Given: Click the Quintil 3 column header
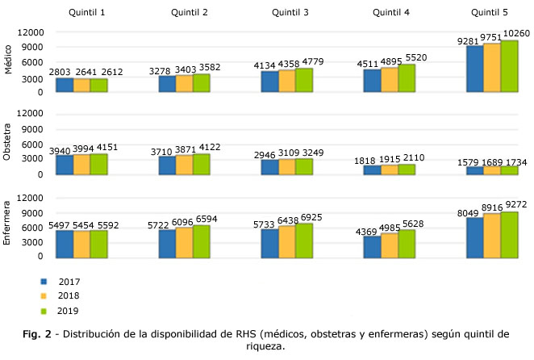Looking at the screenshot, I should coord(290,12).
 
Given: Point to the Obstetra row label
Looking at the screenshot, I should coord(10,144).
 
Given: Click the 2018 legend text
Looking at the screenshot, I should coord(69,296).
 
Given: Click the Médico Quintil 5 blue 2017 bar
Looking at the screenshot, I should coord(474,69).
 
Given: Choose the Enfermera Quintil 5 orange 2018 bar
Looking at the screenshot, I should coord(491,236).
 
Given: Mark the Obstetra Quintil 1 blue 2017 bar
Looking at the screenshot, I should coord(64,165).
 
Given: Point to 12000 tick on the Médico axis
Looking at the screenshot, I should coord(31,32).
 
